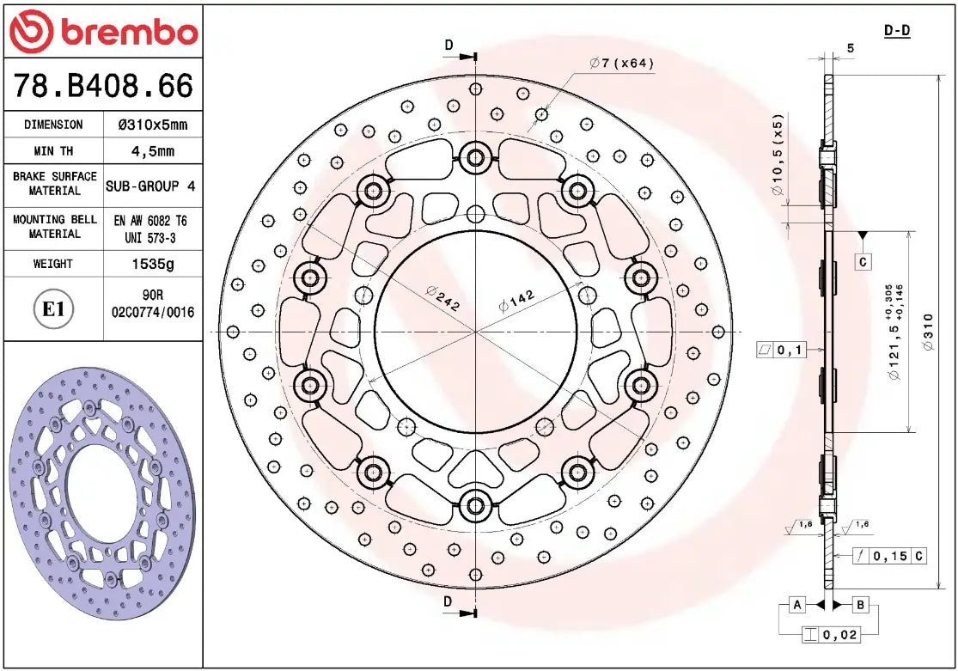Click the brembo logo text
tap(127, 33)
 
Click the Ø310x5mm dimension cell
tap(152, 125)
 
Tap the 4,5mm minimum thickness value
tap(152, 152)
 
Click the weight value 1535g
tap(152, 264)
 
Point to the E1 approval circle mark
tap(53, 309)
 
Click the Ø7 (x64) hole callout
tap(623, 64)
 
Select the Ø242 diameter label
tap(442, 297)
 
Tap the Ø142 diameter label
tap(516, 301)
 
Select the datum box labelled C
tap(863, 261)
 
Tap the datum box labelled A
tap(797, 606)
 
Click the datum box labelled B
tap(860, 606)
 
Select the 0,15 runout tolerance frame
tap(890, 556)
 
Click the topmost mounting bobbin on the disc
tap(473, 157)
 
